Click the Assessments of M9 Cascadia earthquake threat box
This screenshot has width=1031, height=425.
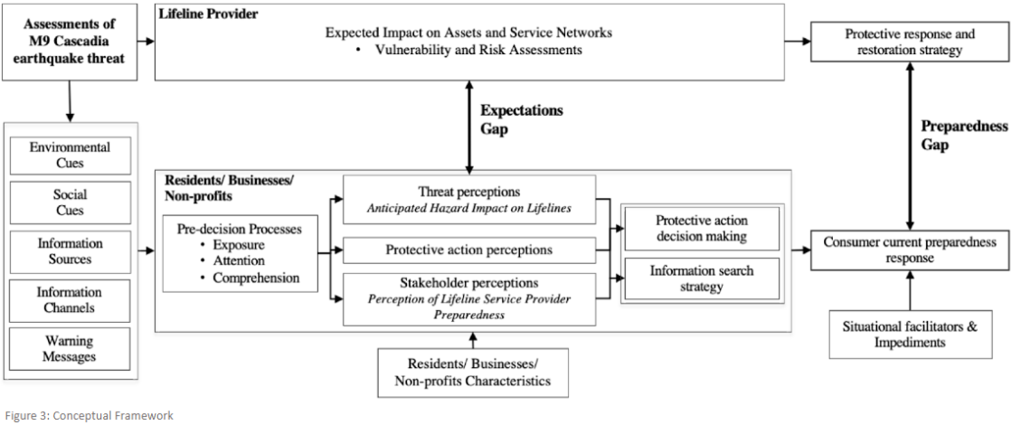pyautogui.click(x=71, y=38)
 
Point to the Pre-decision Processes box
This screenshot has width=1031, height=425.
pyautogui.click(x=241, y=252)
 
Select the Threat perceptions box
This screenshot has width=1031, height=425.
pyautogui.click(x=468, y=199)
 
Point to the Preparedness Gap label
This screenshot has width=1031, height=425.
pyautogui.click(x=964, y=135)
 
